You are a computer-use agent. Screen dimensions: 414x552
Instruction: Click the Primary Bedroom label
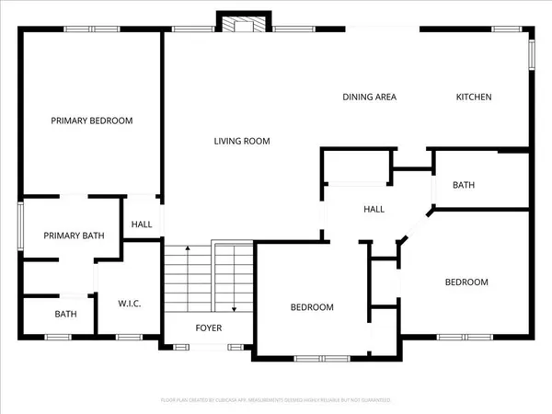[91, 121]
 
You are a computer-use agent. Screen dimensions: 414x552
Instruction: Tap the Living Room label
[241, 141]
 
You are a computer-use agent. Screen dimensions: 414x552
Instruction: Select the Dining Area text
[369, 97]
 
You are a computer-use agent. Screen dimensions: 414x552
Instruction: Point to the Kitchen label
[475, 97]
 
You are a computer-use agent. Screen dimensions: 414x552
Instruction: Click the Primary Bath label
[74, 236]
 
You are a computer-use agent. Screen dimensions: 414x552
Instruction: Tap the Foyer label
[208, 328]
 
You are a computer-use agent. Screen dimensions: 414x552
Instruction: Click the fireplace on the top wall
[244, 22]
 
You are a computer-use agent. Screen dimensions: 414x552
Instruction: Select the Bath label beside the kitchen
[464, 185]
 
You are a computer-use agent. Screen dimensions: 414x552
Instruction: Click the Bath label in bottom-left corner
[65, 314]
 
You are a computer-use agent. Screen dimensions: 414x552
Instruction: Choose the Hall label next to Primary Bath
[142, 224]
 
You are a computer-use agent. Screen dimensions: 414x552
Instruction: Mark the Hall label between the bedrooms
[374, 210]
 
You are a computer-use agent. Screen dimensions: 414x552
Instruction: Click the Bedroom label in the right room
[466, 282]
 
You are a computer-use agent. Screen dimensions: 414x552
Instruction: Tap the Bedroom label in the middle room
[312, 307]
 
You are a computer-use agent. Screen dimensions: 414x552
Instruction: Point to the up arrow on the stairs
[187, 250]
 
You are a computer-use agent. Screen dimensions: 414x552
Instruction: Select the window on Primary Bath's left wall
[21, 226]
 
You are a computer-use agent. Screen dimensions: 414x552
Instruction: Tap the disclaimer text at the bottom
[276, 400]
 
